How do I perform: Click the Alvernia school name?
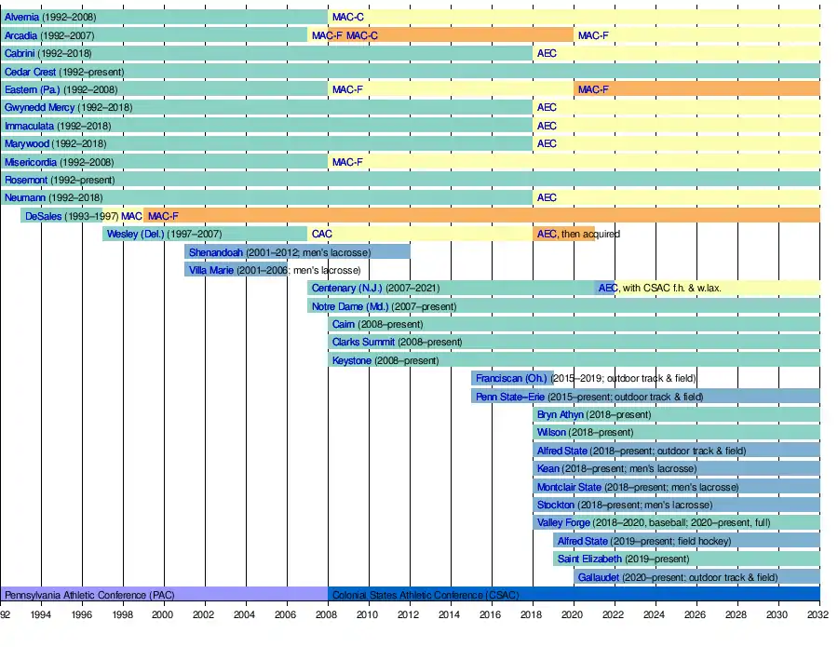tap(21, 17)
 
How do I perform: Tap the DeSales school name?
tap(43, 216)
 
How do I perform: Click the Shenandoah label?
tap(215, 252)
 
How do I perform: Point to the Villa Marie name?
tap(211, 270)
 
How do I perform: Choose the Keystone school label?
tap(352, 360)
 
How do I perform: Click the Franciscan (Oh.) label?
tap(511, 379)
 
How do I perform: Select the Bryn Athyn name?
tap(560, 414)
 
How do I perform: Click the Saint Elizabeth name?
tap(589, 559)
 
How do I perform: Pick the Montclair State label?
tap(569, 487)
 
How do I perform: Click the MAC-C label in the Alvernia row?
tap(348, 17)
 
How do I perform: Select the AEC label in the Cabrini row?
tap(547, 53)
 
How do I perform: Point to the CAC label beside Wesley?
tap(321, 234)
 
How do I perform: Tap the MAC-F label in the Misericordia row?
tap(347, 162)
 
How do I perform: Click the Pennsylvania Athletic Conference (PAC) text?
tap(89, 595)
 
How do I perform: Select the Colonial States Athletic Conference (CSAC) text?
tap(426, 595)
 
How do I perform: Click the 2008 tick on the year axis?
tap(328, 614)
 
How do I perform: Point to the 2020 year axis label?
tap(574, 614)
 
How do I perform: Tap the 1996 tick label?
tap(82, 614)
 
